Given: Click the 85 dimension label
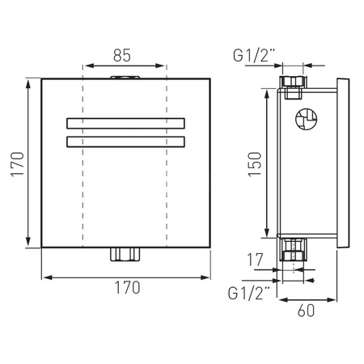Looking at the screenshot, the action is (x=122, y=56).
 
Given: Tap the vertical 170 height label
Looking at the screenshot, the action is (x=18, y=164).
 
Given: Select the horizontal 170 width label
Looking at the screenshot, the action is (x=128, y=287).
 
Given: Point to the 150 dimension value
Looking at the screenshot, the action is (x=255, y=164).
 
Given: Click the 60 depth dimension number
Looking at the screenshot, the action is (x=306, y=311).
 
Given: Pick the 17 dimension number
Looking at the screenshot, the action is (x=255, y=260).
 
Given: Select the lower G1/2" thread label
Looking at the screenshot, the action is (x=248, y=294).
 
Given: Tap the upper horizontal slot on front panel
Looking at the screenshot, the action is (x=125, y=123).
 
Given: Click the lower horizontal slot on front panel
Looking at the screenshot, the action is (x=125, y=142).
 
